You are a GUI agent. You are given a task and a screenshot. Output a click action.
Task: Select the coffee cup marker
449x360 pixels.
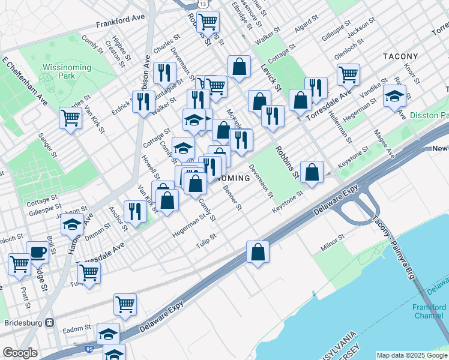(x=38, y=253)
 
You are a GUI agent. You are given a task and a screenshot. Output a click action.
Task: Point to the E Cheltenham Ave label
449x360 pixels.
(x=25, y=78)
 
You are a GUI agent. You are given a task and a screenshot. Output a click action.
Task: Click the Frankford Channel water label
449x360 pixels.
(x=429, y=311)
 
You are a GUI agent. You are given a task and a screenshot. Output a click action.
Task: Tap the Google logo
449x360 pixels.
(x=20, y=353)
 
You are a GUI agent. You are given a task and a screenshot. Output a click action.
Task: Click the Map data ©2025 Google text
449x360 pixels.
(x=412, y=355)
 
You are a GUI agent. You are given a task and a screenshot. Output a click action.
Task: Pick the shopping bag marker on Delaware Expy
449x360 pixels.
(x=258, y=253)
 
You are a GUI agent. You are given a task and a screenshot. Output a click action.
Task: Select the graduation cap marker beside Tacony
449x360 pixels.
(x=394, y=97)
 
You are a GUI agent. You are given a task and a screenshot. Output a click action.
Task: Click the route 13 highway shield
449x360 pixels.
(x=204, y=4)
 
